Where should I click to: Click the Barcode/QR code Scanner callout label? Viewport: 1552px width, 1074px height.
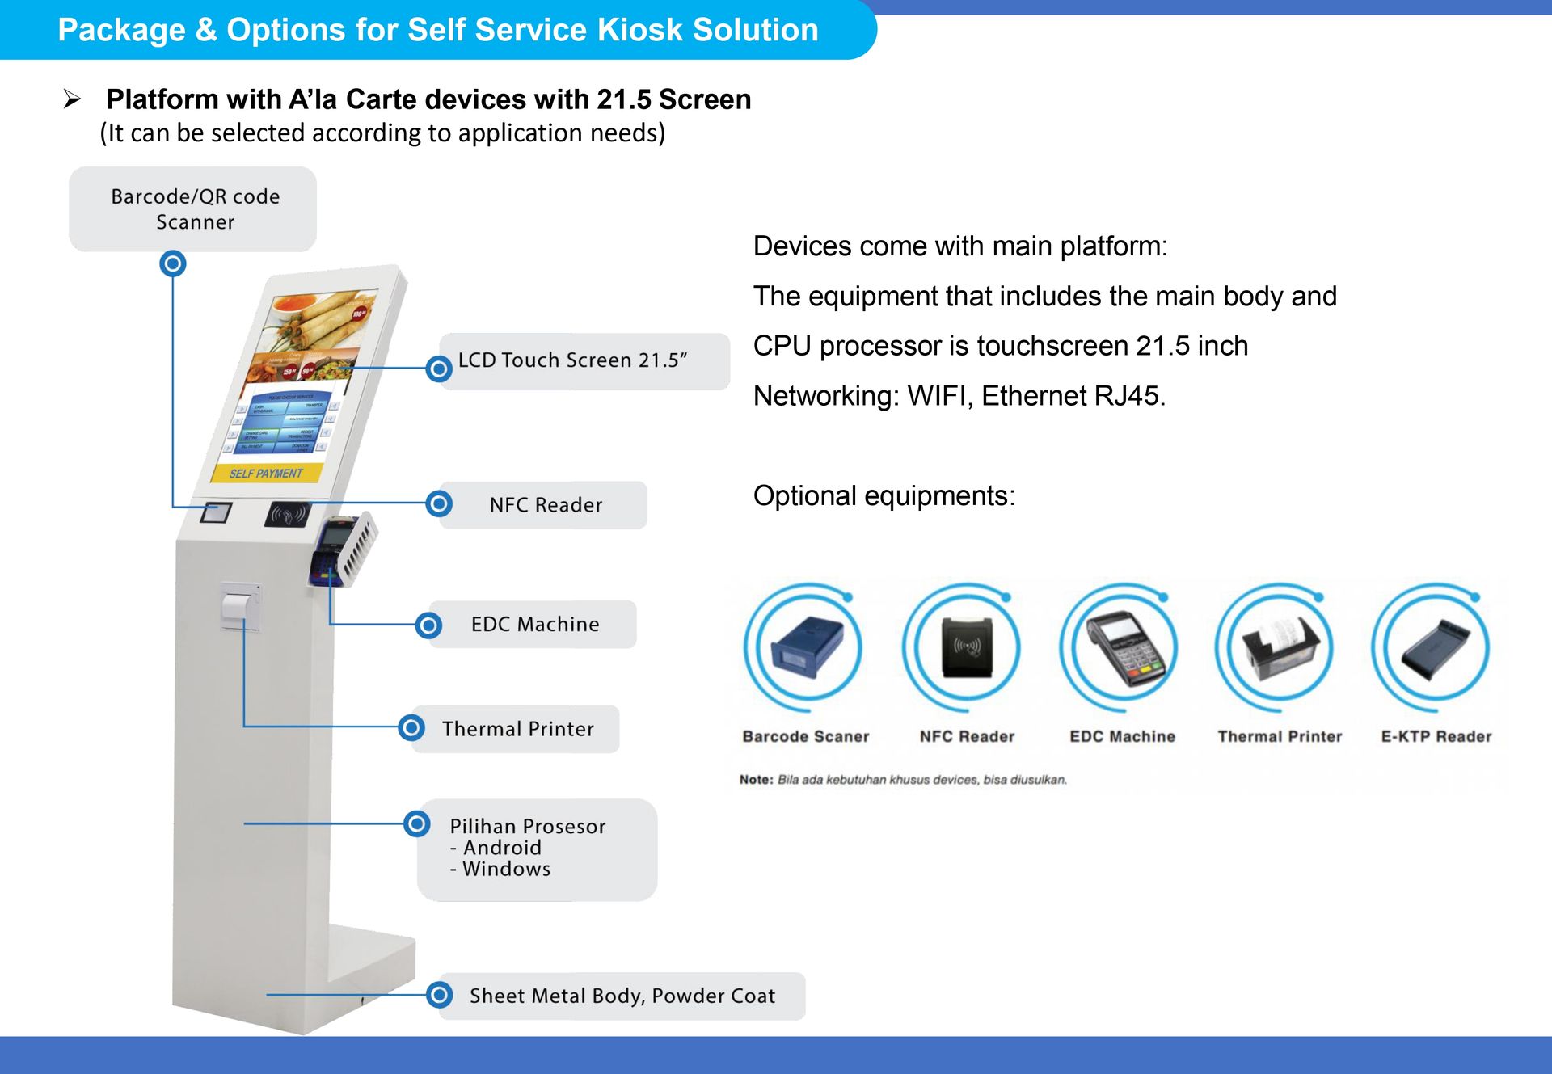pyautogui.click(x=194, y=208)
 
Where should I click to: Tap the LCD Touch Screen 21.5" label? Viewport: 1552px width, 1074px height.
pyautogui.click(x=572, y=360)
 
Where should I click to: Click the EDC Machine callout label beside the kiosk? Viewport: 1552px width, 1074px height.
pyautogui.click(x=535, y=624)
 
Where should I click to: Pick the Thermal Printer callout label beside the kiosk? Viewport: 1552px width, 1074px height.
pyautogui.click(x=517, y=729)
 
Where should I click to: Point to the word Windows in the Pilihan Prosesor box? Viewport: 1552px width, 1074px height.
pyautogui.click(x=506, y=870)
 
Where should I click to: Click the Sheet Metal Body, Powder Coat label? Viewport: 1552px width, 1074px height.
pyautogui.click(x=622, y=996)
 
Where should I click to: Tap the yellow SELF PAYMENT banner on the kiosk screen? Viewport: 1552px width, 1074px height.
pyautogui.click(x=266, y=473)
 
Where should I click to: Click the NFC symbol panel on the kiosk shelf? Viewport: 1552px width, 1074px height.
pyautogui.click(x=289, y=513)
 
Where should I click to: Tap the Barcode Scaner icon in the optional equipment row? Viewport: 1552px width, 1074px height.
pyautogui.click(x=806, y=647)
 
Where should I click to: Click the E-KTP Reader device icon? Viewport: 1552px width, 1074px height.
pyautogui.click(x=1434, y=647)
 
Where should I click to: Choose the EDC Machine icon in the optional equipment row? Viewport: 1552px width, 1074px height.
pyautogui.click(x=1121, y=647)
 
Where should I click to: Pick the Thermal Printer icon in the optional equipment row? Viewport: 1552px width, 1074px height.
pyautogui.click(x=1279, y=647)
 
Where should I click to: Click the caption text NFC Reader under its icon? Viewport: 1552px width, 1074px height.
pyautogui.click(x=967, y=736)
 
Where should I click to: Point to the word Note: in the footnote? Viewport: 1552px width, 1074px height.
pyautogui.click(x=756, y=780)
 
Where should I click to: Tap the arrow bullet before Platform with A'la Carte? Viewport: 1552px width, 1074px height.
pyautogui.click(x=73, y=99)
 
